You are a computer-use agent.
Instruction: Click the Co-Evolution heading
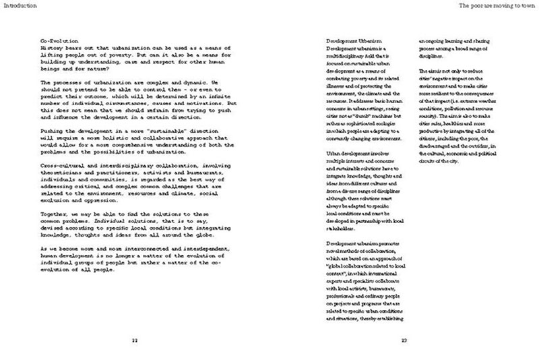click(x=57, y=42)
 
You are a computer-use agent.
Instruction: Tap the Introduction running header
click(x=18, y=5)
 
